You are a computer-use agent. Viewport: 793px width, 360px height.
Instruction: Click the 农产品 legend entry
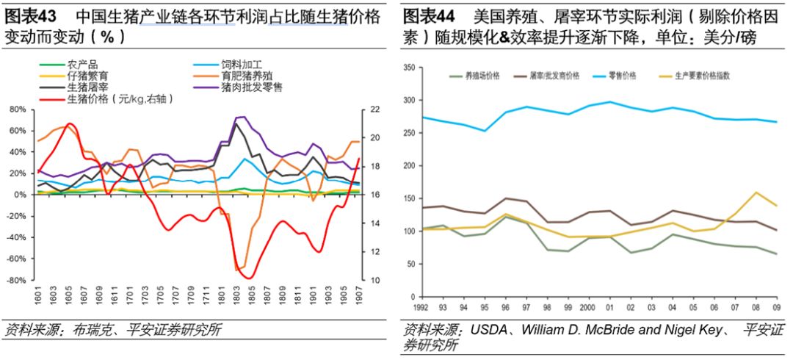(x=82, y=64)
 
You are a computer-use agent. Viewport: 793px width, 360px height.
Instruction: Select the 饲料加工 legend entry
(x=239, y=64)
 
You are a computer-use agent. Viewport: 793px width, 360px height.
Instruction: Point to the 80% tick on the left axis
(x=17, y=109)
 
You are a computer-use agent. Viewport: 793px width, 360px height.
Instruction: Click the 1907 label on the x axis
(x=360, y=300)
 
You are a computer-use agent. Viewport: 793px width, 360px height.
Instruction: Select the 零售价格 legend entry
(x=622, y=76)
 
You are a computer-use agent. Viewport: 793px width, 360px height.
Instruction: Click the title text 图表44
(x=429, y=15)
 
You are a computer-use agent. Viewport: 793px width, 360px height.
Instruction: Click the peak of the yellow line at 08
(x=756, y=192)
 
